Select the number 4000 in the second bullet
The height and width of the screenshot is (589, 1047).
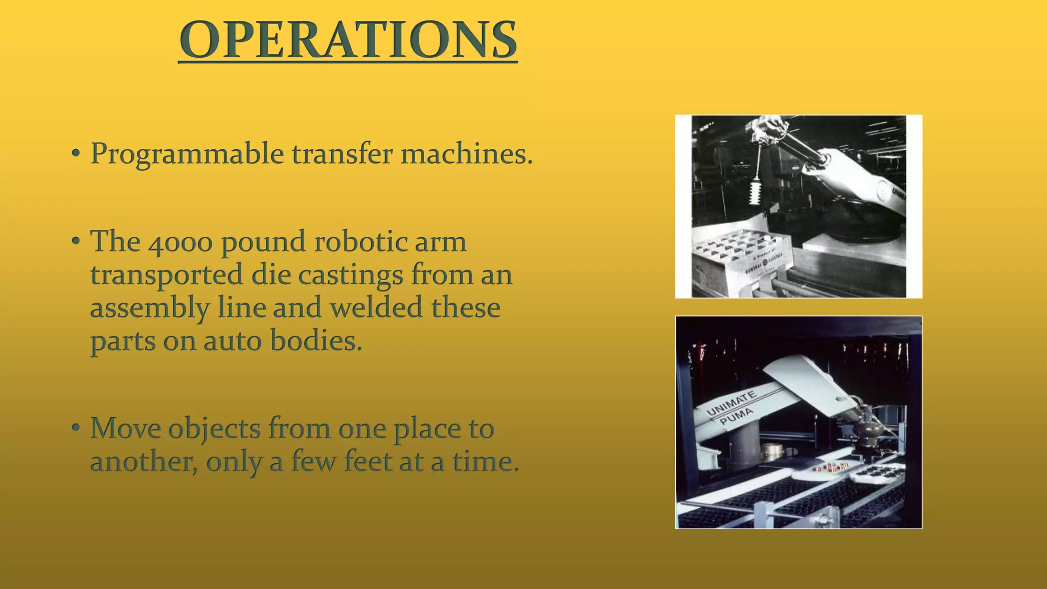180,242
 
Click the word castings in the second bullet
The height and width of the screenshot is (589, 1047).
350,275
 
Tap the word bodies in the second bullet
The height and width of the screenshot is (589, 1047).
315,341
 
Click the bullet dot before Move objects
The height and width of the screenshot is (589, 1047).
76,427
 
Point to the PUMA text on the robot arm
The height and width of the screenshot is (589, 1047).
736,417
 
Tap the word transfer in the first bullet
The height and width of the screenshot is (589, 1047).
342,154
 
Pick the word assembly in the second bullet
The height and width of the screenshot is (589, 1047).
149,309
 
